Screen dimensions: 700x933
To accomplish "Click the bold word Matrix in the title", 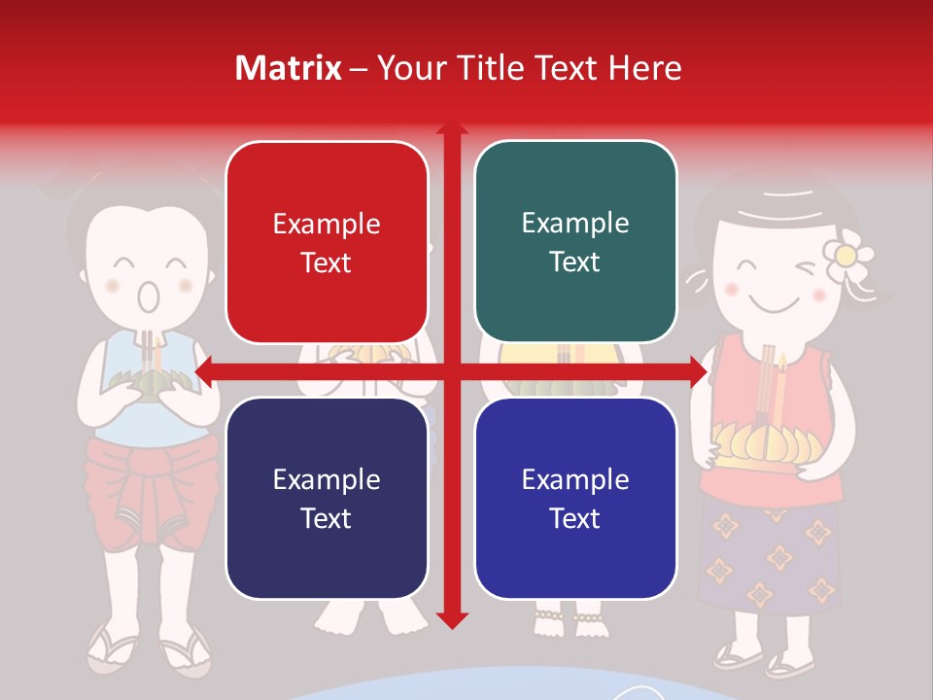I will [x=288, y=68].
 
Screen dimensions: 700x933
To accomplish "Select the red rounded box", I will [x=327, y=242].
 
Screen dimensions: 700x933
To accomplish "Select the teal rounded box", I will [x=575, y=242].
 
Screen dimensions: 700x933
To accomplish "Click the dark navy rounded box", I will [x=327, y=498].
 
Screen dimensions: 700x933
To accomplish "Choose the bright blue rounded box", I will [x=575, y=498].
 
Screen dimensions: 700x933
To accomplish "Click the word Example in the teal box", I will [x=575, y=223].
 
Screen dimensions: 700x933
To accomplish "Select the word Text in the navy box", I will [x=327, y=518].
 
